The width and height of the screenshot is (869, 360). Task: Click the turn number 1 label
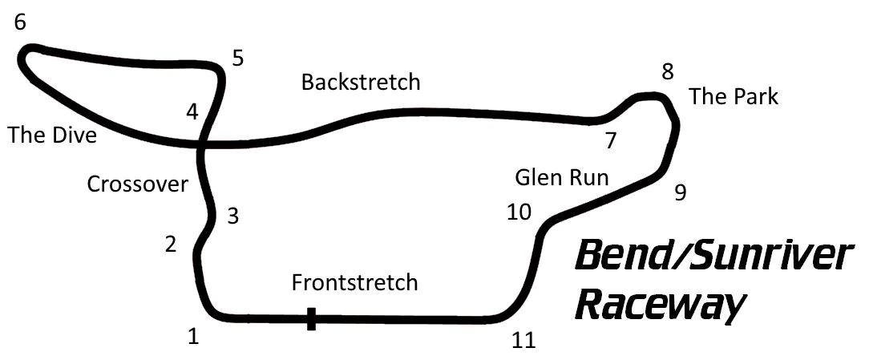pos(192,337)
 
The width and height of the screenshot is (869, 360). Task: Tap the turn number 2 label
pos(170,245)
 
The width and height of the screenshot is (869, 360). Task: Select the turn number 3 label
pos(232,216)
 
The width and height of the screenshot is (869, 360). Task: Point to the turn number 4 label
pos(192,112)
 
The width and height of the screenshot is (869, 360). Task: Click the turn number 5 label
pos(237,59)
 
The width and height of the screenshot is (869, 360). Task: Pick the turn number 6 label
pos(20,22)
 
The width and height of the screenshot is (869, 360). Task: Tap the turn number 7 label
pos(611,141)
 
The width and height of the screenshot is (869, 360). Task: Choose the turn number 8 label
pos(667,72)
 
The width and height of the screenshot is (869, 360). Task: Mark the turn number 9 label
pos(680,193)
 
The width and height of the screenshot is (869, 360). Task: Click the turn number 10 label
pos(519,212)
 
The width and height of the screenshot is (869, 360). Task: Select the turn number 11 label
pos(523,340)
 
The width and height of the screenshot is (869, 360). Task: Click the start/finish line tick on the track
pos(311,319)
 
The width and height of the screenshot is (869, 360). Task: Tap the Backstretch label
pos(361,82)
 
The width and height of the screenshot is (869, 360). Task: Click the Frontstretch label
pos(354,282)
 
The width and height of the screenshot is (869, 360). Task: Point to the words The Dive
pos(52,136)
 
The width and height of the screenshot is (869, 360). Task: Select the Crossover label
pos(137,184)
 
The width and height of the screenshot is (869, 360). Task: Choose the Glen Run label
pos(562,177)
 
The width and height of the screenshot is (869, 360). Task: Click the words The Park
pos(734,97)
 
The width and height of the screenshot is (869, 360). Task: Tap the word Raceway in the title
pos(661,305)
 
